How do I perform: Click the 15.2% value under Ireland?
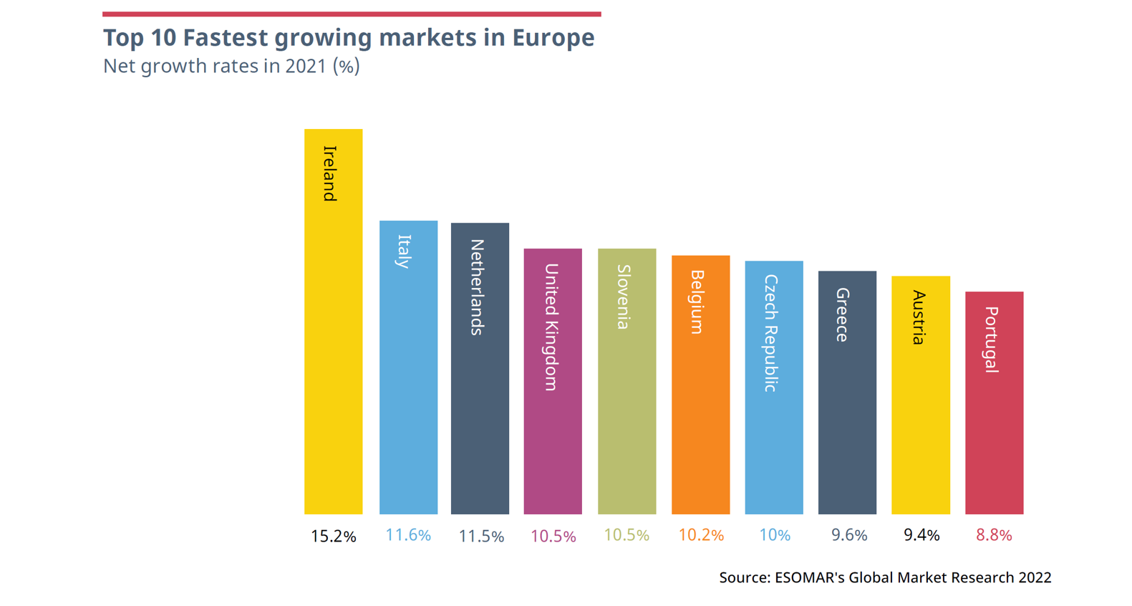pyautogui.click(x=333, y=537)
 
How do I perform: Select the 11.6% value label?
pyautogui.click(x=408, y=535)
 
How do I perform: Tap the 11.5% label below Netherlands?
pyautogui.click(x=481, y=537)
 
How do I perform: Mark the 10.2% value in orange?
pyautogui.click(x=701, y=535)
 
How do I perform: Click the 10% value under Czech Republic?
pyautogui.click(x=775, y=535)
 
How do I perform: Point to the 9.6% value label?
pyautogui.click(x=849, y=535)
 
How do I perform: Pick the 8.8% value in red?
pyautogui.click(x=994, y=535)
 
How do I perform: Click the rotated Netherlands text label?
pyautogui.click(x=478, y=287)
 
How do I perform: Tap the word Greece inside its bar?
pyautogui.click(x=843, y=314)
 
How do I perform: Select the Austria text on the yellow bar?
pyautogui.click(x=919, y=317)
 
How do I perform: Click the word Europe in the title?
pyautogui.click(x=553, y=37)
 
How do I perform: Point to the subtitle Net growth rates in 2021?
pyautogui.click(x=231, y=66)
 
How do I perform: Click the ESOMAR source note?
pyautogui.click(x=885, y=577)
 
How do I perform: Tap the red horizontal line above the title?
pyautogui.click(x=352, y=14)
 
